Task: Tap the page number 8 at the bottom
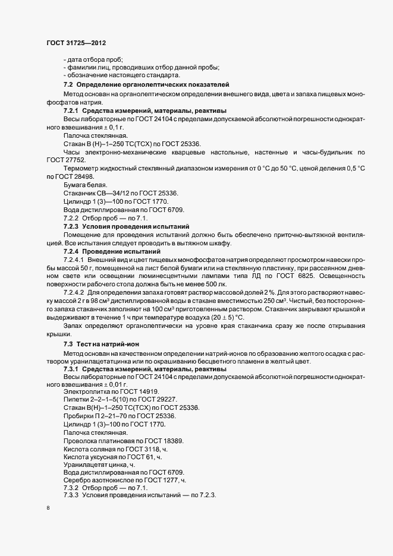[x=48, y=510]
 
